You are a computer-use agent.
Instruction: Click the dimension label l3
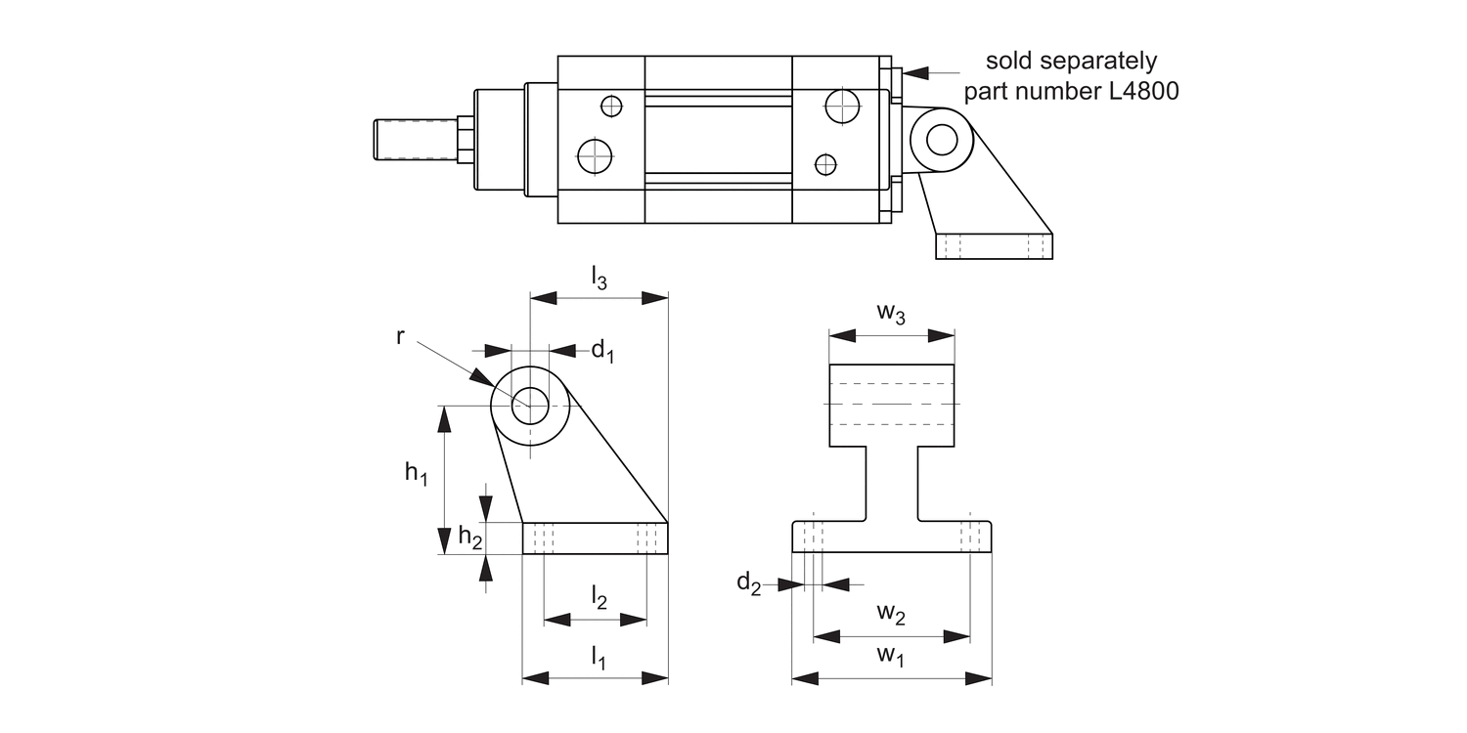[x=599, y=280]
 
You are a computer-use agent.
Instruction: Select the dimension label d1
[x=602, y=352]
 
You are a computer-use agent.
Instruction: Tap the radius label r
[x=401, y=336]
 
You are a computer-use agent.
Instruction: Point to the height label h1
[x=417, y=474]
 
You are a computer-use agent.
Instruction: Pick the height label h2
[x=470, y=537]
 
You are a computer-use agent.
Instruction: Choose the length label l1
[x=598, y=659]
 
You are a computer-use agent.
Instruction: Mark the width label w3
[x=890, y=313]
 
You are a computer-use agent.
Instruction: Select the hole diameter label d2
[x=748, y=583]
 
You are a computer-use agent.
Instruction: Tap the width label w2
[x=890, y=614]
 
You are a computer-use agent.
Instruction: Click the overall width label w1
[x=890, y=656]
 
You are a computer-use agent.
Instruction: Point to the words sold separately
[x=1071, y=61]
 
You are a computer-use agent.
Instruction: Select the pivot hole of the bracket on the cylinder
[x=942, y=140]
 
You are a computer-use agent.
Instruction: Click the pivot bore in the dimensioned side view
[x=530, y=403]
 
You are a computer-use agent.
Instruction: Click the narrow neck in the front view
[x=891, y=483]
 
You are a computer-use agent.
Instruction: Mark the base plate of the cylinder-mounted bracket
[x=994, y=246]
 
